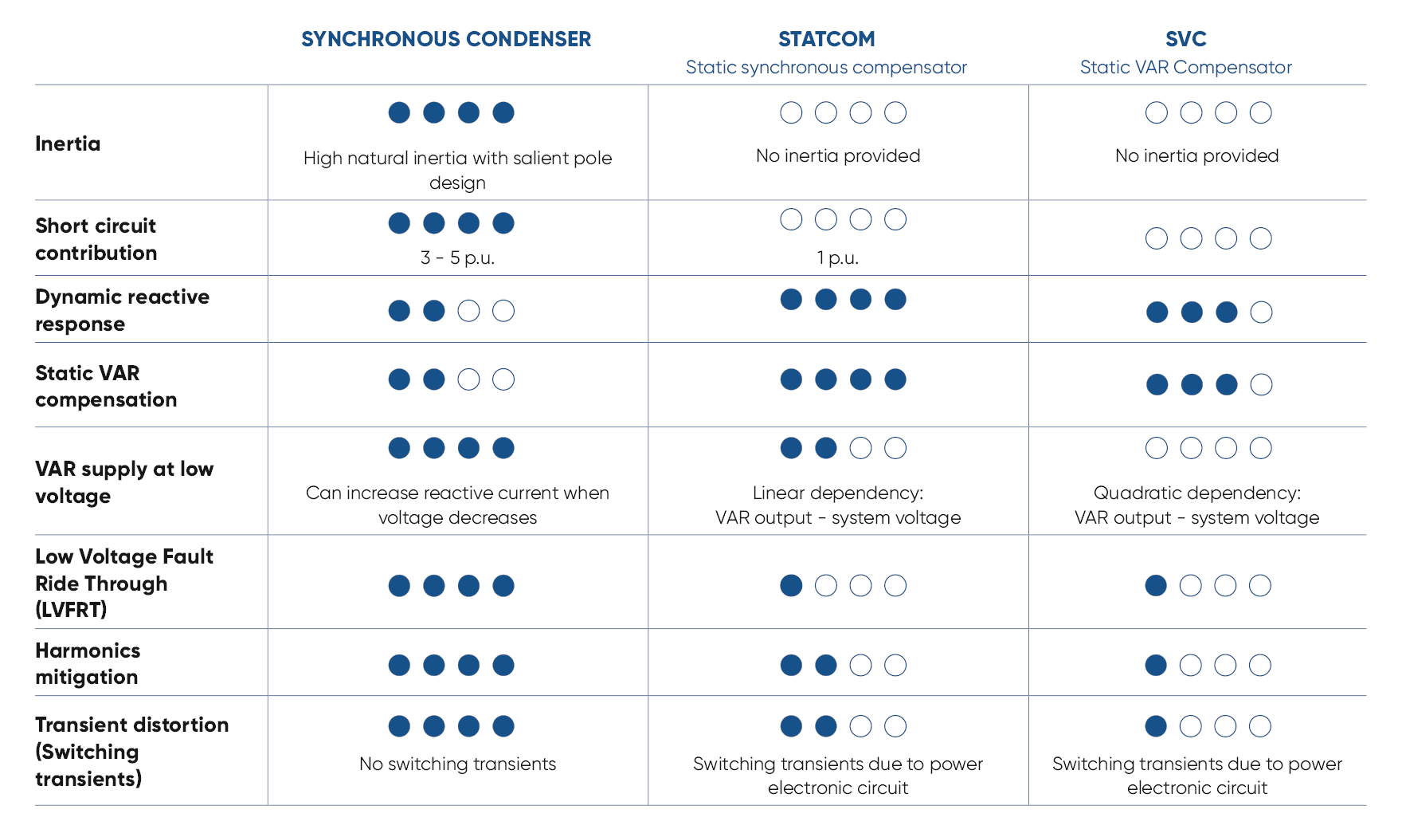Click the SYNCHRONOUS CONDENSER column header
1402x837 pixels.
446,39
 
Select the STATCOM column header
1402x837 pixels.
826,39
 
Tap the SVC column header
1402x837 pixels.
1185,39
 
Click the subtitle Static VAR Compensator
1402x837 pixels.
1185,67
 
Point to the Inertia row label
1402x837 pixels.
68,143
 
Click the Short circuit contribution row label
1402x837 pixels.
96,239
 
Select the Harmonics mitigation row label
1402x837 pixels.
88,663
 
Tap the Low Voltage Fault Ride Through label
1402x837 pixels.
124,583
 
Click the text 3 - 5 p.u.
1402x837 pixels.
457,257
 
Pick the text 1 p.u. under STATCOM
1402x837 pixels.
838,257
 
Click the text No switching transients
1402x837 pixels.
457,764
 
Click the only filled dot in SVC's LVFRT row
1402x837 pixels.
1156,586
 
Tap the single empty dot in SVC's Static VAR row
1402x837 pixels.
1261,385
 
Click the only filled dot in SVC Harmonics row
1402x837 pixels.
1156,665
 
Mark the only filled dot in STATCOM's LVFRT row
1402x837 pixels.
791,586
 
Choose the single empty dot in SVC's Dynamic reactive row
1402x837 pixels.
1261,312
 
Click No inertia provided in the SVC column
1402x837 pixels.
1196,155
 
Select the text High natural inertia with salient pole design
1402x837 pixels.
457,170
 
